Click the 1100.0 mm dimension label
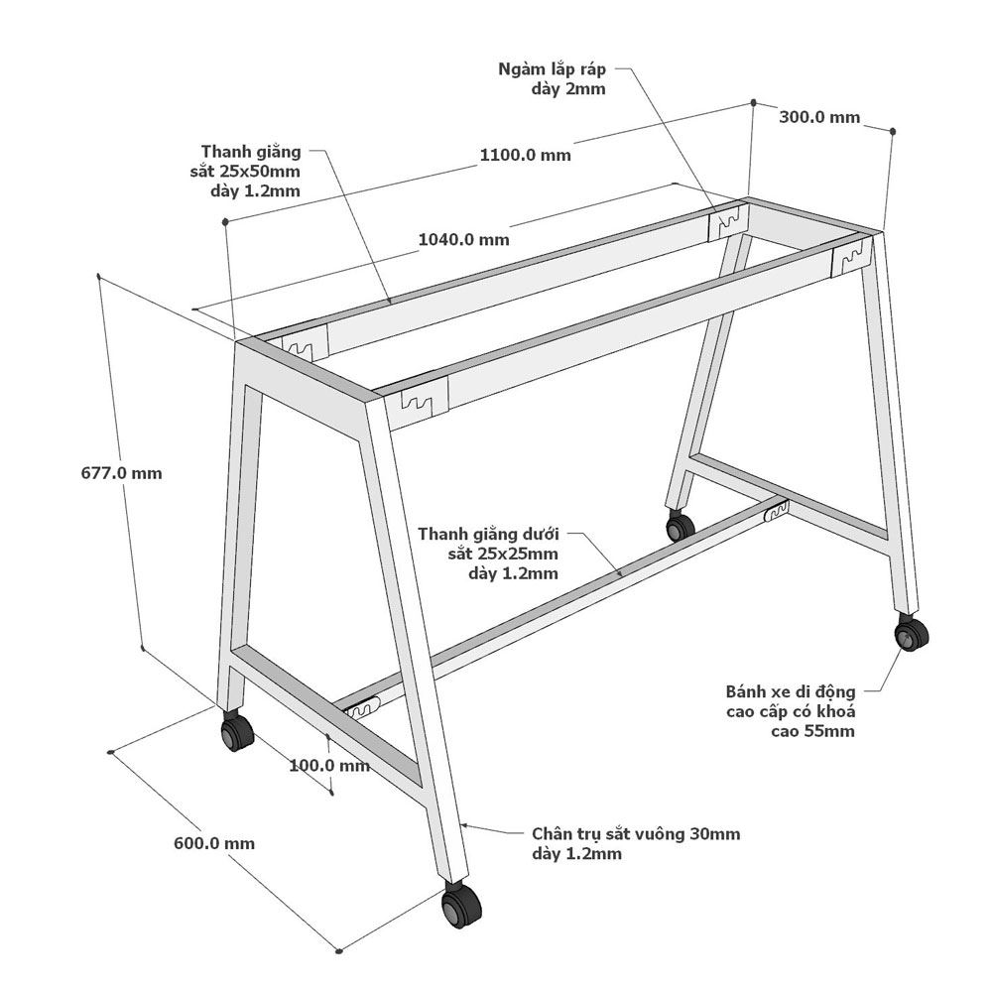tap(525, 155)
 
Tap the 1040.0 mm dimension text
tap(463, 239)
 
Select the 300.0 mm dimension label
tap(819, 117)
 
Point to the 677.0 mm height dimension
tap(121, 473)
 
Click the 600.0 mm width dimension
tap(214, 843)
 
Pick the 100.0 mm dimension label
tap(329, 765)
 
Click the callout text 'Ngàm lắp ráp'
tap(552, 69)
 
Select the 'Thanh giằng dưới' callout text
tap(488, 534)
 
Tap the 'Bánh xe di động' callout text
tap(791, 691)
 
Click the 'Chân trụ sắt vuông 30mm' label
tap(636, 834)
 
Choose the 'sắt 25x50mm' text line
tap(245, 172)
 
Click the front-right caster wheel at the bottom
tap(461, 906)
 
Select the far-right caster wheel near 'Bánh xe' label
tap(911, 634)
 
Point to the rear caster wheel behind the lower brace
tap(681, 525)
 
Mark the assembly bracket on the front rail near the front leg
tap(424, 400)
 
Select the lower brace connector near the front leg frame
tap(361, 707)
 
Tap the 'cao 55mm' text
tap(813, 731)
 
